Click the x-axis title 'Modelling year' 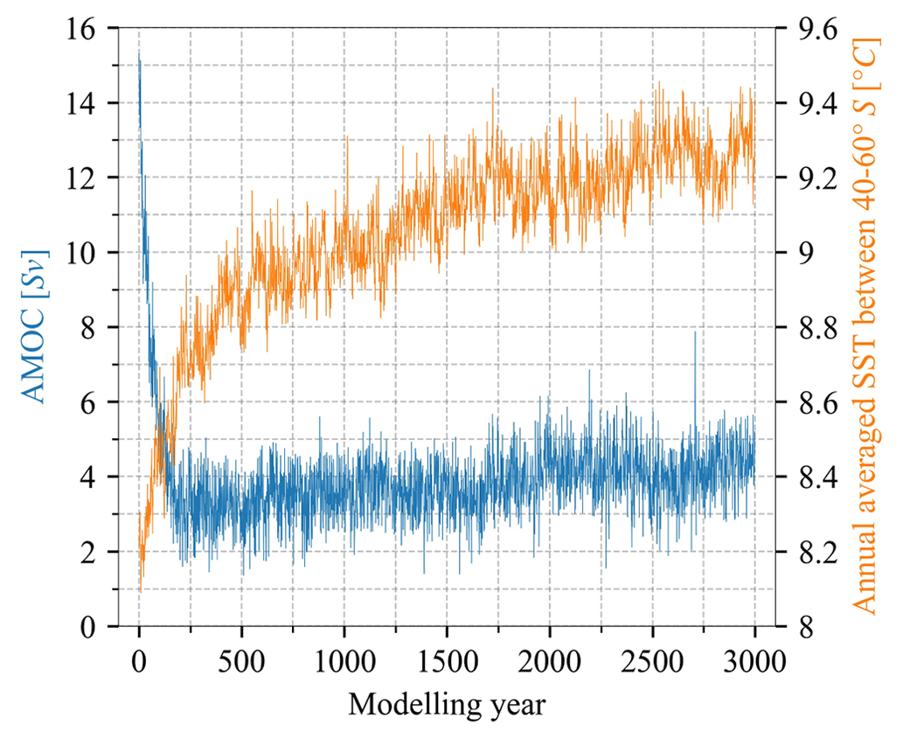click(447, 705)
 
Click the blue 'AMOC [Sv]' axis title click(36, 326)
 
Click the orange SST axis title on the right click(867, 326)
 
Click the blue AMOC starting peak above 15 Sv click(139, 58)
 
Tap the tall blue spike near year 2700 click(695, 333)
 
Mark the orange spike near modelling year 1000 click(346, 138)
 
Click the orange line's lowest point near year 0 click(140, 591)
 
